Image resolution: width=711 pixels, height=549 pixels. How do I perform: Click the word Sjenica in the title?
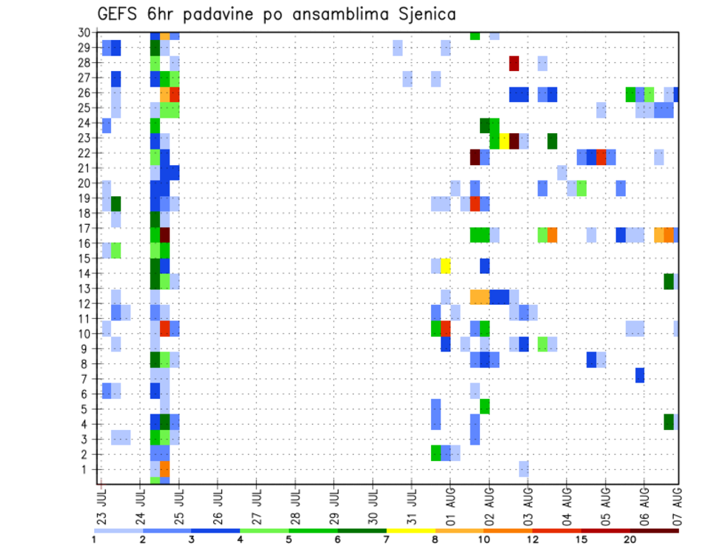coord(424,13)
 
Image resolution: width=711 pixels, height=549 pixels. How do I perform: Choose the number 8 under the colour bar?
coord(435,539)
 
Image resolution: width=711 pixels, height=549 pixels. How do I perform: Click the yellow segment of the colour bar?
coord(410,531)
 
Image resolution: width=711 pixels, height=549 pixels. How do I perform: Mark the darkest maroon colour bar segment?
coord(654,531)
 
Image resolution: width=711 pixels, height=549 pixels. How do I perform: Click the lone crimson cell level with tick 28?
coord(514,64)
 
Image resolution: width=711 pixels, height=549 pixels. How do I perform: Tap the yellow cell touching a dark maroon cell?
coord(504,141)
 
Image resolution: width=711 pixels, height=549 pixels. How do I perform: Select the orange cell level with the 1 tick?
coord(164,469)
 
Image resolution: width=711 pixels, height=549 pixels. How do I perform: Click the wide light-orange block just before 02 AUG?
coord(479,297)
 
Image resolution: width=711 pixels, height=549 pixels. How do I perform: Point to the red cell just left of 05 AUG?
coord(601,157)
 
